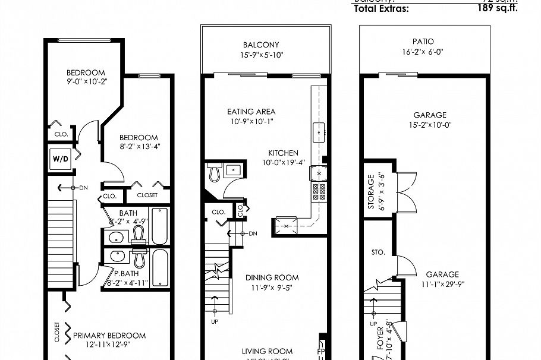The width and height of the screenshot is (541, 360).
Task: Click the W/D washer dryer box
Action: (x=59, y=159)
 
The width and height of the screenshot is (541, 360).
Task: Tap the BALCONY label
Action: (x=260, y=45)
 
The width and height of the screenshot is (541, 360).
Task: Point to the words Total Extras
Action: (x=381, y=9)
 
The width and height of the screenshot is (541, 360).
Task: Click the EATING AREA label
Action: (x=251, y=112)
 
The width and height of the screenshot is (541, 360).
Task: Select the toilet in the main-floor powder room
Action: (x=215, y=172)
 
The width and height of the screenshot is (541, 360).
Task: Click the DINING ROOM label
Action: (x=272, y=277)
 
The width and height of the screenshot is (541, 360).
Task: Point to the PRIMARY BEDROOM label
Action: (x=109, y=336)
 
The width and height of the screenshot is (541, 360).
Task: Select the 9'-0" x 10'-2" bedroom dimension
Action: (x=86, y=82)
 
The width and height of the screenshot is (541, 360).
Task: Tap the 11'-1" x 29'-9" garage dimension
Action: (x=442, y=284)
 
